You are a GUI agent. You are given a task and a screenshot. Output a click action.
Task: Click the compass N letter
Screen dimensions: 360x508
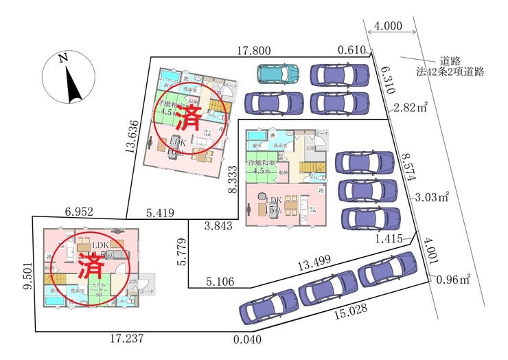[63, 59]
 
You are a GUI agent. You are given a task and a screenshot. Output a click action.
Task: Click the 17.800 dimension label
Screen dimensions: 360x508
[254, 50]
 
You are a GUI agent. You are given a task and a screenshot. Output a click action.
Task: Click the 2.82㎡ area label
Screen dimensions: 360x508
[411, 107]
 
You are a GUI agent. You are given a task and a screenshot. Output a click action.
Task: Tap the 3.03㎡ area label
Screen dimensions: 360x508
[432, 198]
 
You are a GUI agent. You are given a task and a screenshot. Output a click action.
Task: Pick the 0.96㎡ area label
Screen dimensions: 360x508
[453, 279]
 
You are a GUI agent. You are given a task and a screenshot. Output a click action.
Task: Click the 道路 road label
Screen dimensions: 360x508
[450, 60]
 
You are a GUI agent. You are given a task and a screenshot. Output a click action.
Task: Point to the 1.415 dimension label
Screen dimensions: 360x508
[389, 238]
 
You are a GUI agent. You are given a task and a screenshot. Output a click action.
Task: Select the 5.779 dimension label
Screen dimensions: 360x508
[182, 253]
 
